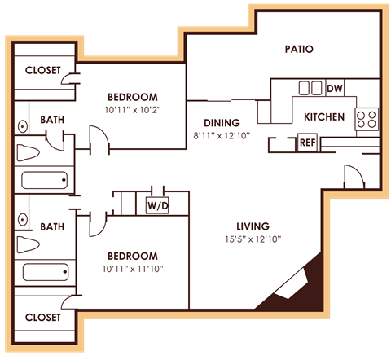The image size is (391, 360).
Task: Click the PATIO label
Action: click(299, 49)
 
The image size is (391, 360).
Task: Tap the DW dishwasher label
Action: click(334, 88)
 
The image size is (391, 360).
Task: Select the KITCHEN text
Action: click(324, 117)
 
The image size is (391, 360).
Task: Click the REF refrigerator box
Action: click(307, 143)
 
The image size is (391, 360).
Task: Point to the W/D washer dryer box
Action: click(157, 205)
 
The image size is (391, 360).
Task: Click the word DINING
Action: click(222, 123)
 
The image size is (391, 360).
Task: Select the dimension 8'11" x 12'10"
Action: click(222, 136)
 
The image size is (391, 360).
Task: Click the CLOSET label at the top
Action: click(42, 70)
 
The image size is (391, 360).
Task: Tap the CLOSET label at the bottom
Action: click(42, 317)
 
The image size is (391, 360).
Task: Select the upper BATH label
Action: click(53, 121)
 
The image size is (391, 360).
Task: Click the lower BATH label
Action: click(53, 227)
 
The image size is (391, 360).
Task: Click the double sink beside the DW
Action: click(310, 88)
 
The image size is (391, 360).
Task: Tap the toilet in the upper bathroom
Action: click(29, 152)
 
